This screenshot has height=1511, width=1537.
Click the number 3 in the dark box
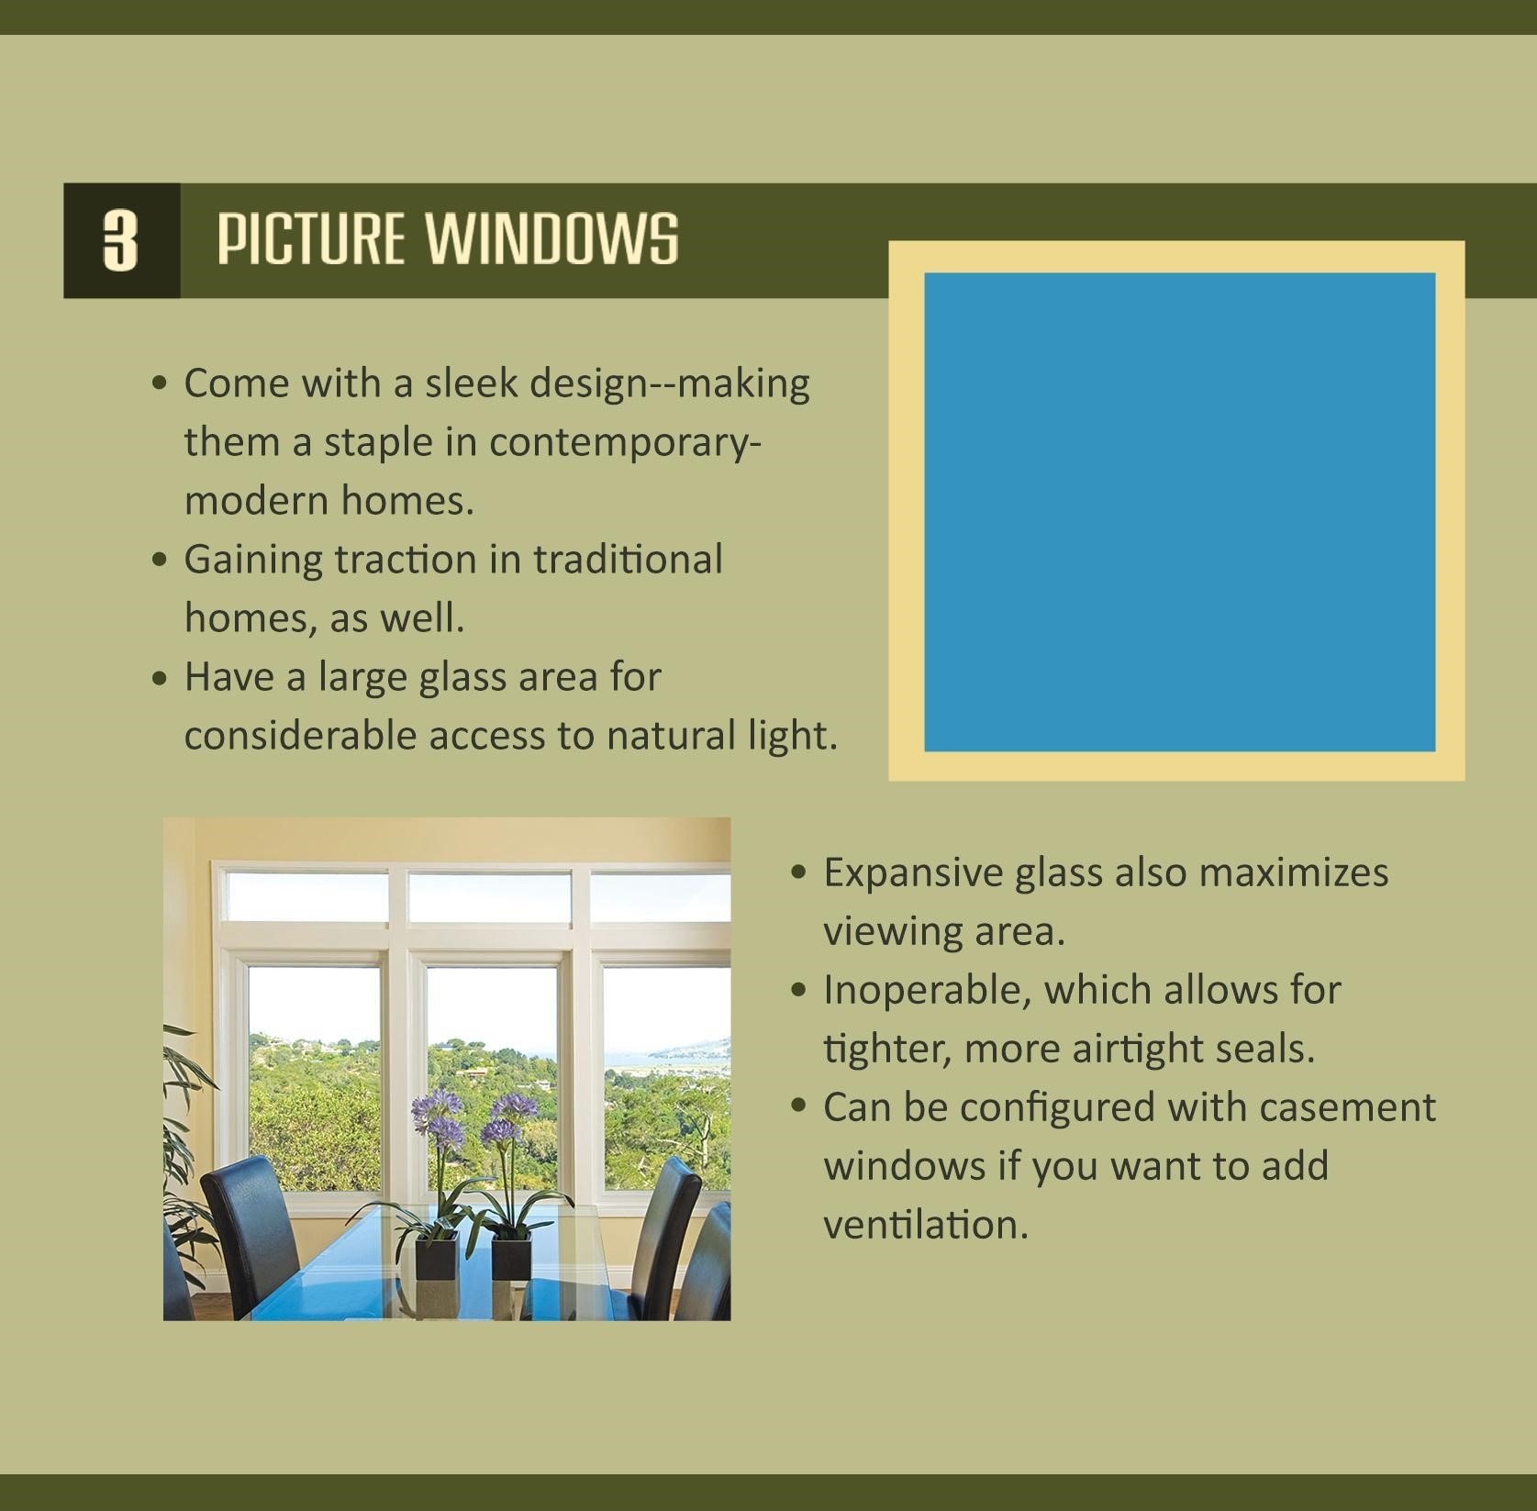pyautogui.click(x=120, y=240)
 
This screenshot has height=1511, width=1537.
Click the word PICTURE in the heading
pyautogui.click(x=310, y=239)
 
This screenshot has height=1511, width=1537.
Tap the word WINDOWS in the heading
pyautogui.click(x=551, y=239)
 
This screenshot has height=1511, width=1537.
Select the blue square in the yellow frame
pyautogui.click(x=1179, y=512)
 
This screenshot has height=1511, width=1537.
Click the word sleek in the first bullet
pyautogui.click(x=471, y=383)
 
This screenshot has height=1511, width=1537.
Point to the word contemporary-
pyautogui.click(x=625, y=443)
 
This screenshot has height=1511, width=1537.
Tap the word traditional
pyautogui.click(x=628, y=560)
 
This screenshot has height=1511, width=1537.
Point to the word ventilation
pyautogui.click(x=925, y=1225)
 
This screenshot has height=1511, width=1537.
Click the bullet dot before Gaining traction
pyautogui.click(x=161, y=560)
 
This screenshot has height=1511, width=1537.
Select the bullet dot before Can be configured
pyautogui.click(x=799, y=1107)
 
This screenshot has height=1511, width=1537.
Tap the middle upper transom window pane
pyautogui.click(x=489, y=896)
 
